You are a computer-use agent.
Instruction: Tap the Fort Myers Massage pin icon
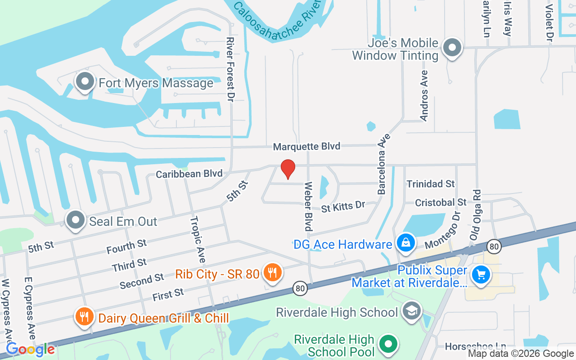click(x=85, y=82)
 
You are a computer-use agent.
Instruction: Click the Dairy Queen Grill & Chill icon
click(x=84, y=317)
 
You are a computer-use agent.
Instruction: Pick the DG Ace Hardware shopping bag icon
click(x=405, y=243)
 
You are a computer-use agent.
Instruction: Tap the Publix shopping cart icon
click(x=481, y=274)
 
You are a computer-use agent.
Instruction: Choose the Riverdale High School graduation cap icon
click(x=411, y=311)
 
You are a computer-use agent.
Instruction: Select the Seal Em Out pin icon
click(x=76, y=220)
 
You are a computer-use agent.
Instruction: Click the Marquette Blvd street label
click(x=306, y=146)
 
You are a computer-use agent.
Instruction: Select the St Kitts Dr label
click(x=343, y=207)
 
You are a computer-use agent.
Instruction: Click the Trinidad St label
click(x=431, y=184)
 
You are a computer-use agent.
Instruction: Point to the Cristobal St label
click(x=441, y=202)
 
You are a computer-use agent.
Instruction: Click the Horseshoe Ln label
click(x=475, y=346)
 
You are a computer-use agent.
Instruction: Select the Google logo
click(x=30, y=349)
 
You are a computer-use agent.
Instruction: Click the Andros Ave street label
click(x=424, y=95)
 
